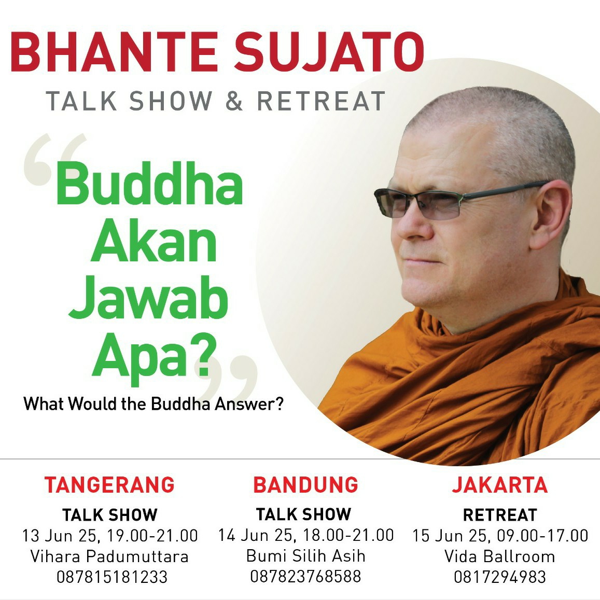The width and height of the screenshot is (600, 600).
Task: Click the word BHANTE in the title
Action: [115, 51]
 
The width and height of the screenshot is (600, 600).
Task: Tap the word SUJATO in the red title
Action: [329, 51]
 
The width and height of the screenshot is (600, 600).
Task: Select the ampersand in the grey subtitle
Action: [234, 101]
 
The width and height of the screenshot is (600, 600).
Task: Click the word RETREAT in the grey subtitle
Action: [320, 101]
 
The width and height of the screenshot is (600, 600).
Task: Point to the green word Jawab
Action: [148, 298]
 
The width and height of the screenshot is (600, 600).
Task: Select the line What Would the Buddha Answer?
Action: [153, 403]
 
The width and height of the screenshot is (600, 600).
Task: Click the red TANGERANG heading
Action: [109, 484]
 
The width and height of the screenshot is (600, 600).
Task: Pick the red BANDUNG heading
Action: [305, 484]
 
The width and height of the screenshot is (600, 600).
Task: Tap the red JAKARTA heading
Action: [500, 484]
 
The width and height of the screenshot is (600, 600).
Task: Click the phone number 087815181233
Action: [112, 577]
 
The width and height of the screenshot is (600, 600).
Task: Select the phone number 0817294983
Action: [500, 577]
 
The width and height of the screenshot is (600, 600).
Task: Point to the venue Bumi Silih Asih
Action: [305, 555]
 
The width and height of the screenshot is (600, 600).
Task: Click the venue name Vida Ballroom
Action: [500, 556]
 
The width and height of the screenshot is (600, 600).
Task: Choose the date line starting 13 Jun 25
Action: [110, 536]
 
